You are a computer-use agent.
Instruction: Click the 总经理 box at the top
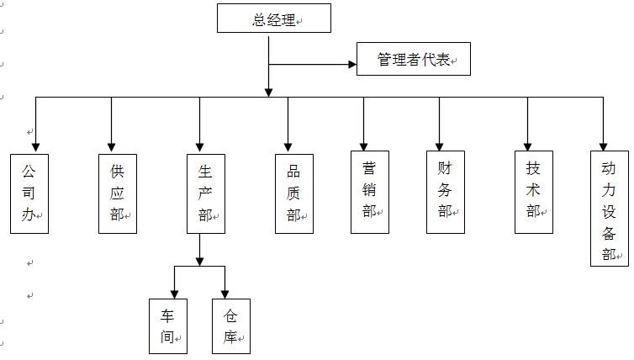(x=273, y=19)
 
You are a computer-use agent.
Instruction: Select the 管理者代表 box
(x=413, y=60)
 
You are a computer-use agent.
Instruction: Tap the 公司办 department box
(x=29, y=193)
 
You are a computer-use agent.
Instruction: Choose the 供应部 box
(x=118, y=193)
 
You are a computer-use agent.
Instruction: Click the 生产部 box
(x=205, y=193)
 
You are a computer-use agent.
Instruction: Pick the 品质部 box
(x=294, y=193)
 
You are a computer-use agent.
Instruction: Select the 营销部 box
(x=370, y=192)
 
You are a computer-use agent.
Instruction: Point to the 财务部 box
(x=446, y=192)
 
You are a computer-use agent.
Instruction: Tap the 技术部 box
(x=534, y=192)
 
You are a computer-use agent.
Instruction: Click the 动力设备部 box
(x=610, y=209)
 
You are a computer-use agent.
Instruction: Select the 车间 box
(x=168, y=326)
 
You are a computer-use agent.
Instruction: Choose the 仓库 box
(x=231, y=326)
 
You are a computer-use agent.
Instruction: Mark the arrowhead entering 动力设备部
(x=603, y=145)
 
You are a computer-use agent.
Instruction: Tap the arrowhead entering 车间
(x=174, y=293)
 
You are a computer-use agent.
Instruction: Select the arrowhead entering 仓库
(x=225, y=293)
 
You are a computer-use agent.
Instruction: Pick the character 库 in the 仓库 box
(x=230, y=338)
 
